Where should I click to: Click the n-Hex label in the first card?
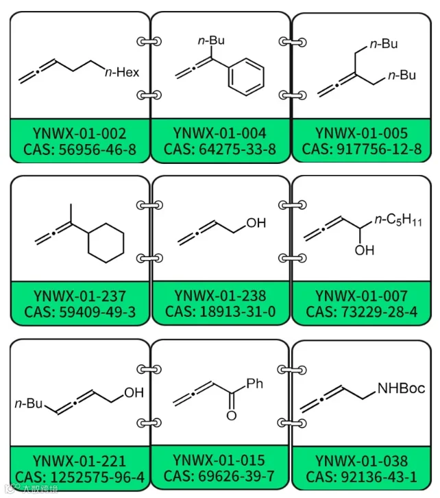point(122,73)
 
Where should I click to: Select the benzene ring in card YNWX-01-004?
point(246,77)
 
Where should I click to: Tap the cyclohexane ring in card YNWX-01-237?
point(106,243)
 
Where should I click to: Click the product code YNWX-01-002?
point(80,133)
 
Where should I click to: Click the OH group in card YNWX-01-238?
point(256,223)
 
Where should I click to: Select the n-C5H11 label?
point(398,220)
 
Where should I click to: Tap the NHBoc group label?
point(402,388)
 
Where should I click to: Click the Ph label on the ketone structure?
point(255,384)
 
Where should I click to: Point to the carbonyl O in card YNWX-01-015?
point(232,416)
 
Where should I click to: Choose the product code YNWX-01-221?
point(80,461)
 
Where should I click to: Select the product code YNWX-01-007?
point(361,296)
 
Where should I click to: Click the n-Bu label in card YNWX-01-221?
point(29,403)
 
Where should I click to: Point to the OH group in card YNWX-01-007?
point(365,250)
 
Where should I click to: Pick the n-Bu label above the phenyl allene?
point(211,40)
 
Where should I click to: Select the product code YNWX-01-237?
point(80,296)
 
